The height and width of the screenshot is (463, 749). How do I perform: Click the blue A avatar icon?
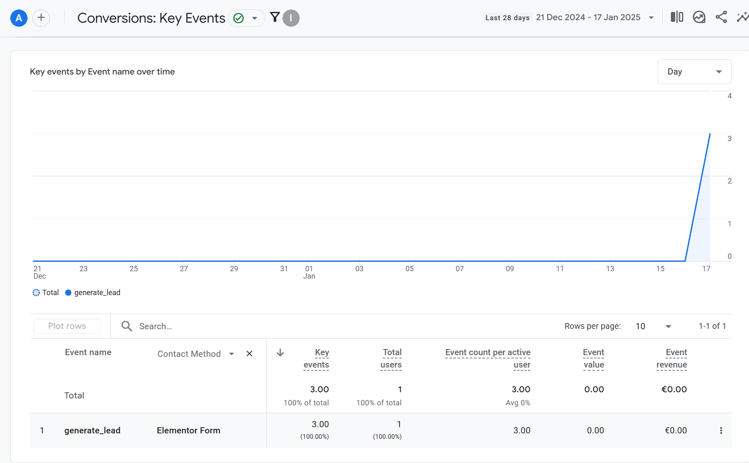point(19,18)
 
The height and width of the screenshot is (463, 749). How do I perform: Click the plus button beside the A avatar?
point(41,18)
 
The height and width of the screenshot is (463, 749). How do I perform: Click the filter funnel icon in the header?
point(275,17)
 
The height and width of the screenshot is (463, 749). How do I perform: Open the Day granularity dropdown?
point(694,72)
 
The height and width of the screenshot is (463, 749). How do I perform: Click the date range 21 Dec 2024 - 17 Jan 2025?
point(588,17)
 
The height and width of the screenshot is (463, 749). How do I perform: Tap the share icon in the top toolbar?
point(721,17)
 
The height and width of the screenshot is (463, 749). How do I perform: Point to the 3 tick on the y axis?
point(730,139)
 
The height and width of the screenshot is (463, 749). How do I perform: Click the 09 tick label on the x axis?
point(510,269)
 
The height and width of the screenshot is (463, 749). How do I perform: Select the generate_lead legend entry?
point(93,293)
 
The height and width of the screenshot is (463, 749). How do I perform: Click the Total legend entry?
point(46,293)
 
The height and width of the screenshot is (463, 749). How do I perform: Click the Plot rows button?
point(67,326)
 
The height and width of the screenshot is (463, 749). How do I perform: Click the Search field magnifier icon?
point(127,326)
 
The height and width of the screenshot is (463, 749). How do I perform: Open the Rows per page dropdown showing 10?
point(653,326)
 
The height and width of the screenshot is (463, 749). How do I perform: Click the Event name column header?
point(88,352)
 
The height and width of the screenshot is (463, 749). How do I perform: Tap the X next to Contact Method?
point(249,354)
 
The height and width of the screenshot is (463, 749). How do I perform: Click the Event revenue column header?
point(672,358)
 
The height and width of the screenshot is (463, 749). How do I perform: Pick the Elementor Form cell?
point(188,430)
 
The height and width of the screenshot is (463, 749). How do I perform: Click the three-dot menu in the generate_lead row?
point(721,430)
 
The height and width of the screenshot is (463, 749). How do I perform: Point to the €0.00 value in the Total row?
point(674,389)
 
